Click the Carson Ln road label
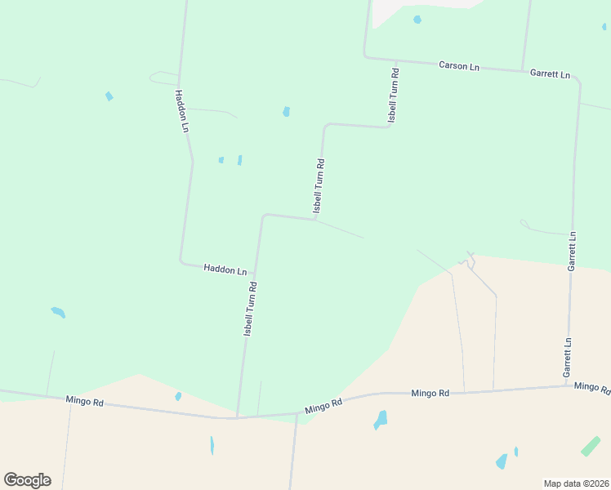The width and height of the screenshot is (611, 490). tap(458, 65)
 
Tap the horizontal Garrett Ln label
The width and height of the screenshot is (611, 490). tap(550, 73)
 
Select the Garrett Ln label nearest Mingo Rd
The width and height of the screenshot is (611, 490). tap(568, 357)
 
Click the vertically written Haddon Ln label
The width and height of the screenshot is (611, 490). tap(182, 112)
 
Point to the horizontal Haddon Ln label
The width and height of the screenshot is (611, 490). tap(225, 269)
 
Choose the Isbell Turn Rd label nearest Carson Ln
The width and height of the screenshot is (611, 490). tap(394, 96)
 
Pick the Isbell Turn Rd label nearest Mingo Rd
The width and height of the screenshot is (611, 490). tap(251, 310)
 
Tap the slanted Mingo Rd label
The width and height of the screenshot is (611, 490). tap(324, 405)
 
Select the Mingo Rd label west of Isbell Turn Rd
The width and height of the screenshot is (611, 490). tap(86, 402)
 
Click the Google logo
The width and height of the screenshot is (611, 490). tap(27, 480)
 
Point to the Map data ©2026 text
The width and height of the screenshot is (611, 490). tap(575, 483)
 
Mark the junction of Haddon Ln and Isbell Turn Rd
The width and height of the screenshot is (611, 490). tap(255, 273)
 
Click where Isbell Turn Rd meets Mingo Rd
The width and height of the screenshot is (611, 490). tap(237, 418)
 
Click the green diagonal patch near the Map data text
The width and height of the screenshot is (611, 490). tap(590, 447)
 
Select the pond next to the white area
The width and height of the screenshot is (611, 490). tap(417, 20)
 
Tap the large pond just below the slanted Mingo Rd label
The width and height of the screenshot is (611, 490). tap(380, 420)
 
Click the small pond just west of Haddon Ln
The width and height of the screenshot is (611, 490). tap(109, 96)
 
